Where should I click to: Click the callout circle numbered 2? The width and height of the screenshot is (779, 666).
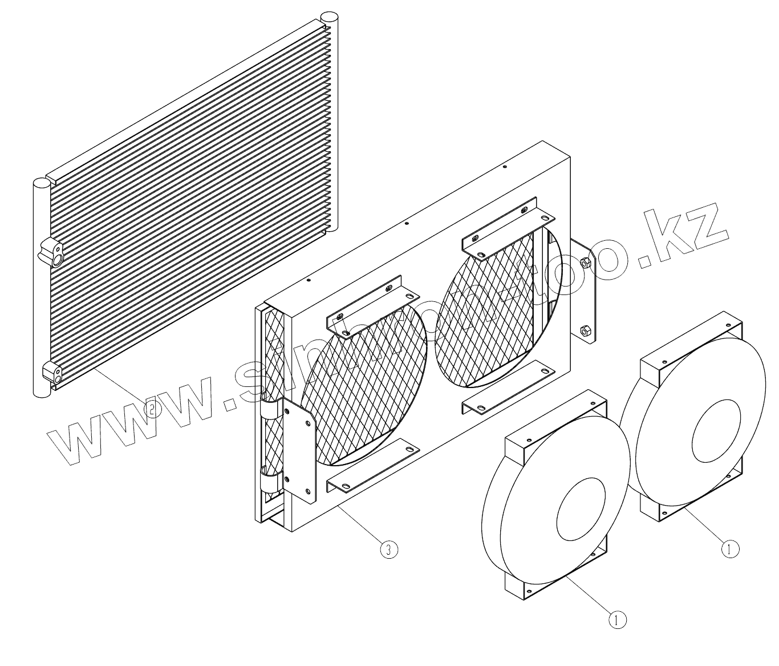152,408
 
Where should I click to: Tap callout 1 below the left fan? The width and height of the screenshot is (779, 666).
617,619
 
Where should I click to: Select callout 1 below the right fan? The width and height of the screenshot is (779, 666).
730,549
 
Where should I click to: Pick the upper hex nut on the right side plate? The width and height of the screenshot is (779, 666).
585,263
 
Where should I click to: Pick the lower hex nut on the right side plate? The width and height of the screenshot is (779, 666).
584,330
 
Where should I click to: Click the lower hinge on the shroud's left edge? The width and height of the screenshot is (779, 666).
269,479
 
